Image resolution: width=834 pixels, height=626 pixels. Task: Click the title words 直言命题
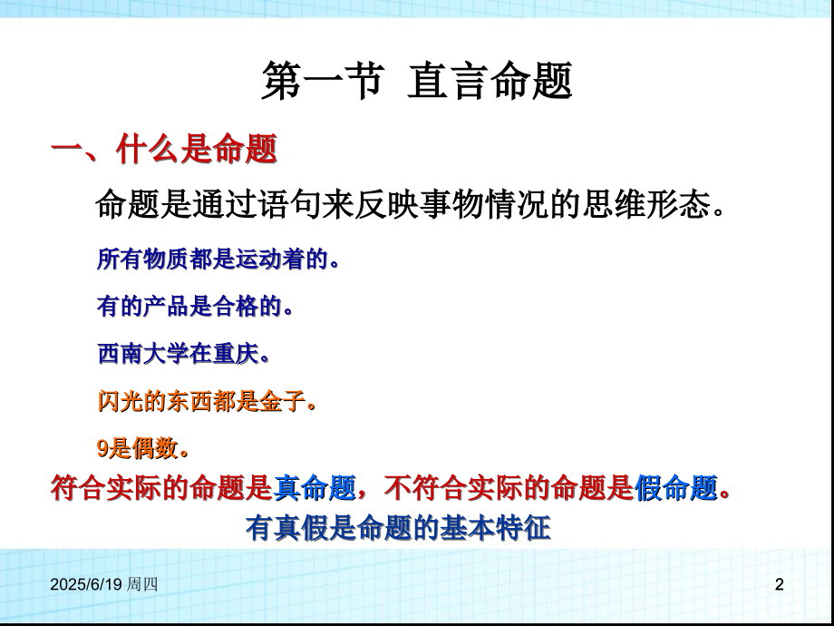(x=490, y=83)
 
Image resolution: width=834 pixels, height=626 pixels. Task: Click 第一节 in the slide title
(x=316, y=83)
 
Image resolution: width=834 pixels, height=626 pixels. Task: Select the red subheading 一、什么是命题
(x=163, y=150)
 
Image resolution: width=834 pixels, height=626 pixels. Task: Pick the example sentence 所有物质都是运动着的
(x=218, y=260)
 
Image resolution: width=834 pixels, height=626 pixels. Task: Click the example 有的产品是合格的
(x=195, y=307)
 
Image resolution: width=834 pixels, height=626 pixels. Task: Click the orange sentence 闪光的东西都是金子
(x=207, y=401)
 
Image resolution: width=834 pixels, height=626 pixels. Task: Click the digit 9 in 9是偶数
(x=102, y=448)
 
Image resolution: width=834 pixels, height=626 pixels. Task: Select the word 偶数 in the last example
(x=155, y=448)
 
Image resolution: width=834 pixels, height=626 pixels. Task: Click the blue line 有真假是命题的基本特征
(x=398, y=527)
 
